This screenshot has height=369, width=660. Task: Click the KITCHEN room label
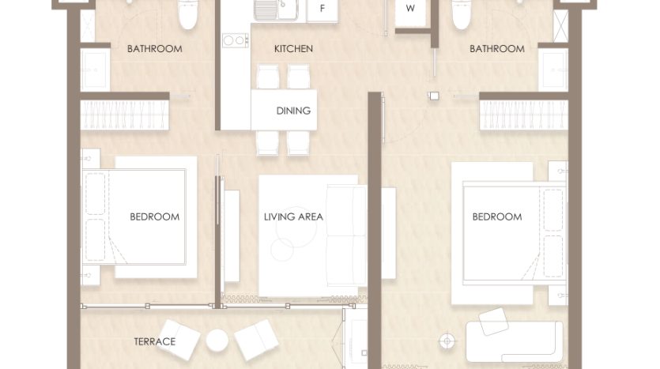[x=293, y=49]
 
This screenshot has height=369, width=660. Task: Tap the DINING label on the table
[x=293, y=111]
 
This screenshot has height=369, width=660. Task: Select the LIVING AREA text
[x=293, y=217]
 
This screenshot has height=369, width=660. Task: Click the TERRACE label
[x=154, y=341]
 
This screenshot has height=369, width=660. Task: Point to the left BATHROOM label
[x=154, y=49]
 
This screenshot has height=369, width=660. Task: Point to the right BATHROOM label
[x=497, y=49]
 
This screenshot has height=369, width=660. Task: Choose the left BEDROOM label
[x=154, y=217]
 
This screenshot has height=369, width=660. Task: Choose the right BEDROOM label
[x=497, y=217]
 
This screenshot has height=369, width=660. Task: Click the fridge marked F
[x=322, y=9]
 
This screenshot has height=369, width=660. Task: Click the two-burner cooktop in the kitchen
[x=236, y=40]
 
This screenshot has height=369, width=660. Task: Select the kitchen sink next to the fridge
[x=275, y=10]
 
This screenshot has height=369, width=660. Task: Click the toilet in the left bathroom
[x=188, y=13]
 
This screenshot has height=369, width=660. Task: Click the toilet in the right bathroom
[x=462, y=13]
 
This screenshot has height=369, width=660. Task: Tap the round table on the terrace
[x=217, y=340]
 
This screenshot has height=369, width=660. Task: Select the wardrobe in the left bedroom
[x=125, y=115]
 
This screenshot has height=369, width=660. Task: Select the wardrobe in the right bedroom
[x=523, y=115]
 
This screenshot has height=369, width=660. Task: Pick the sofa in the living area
[x=347, y=235]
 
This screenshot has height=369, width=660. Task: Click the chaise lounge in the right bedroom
[x=515, y=340]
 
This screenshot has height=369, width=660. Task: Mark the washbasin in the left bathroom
[x=96, y=70]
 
